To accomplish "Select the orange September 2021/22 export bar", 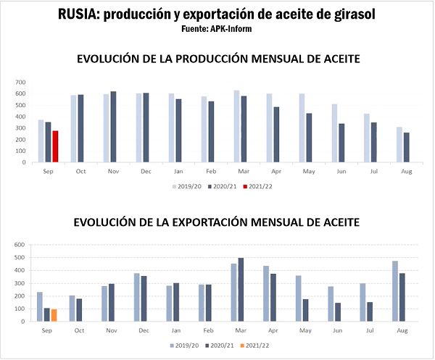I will [54, 315].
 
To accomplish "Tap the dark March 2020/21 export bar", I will [241, 289].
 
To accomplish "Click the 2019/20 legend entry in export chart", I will [186, 346].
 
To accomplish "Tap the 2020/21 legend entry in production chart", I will [223, 187].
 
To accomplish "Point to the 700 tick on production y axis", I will [20, 82].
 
